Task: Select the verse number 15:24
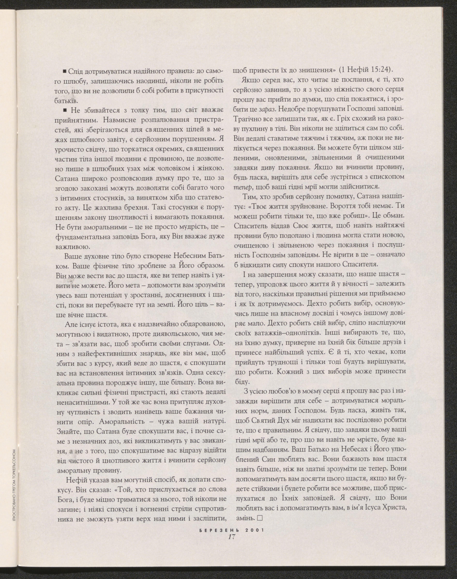(381, 70)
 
